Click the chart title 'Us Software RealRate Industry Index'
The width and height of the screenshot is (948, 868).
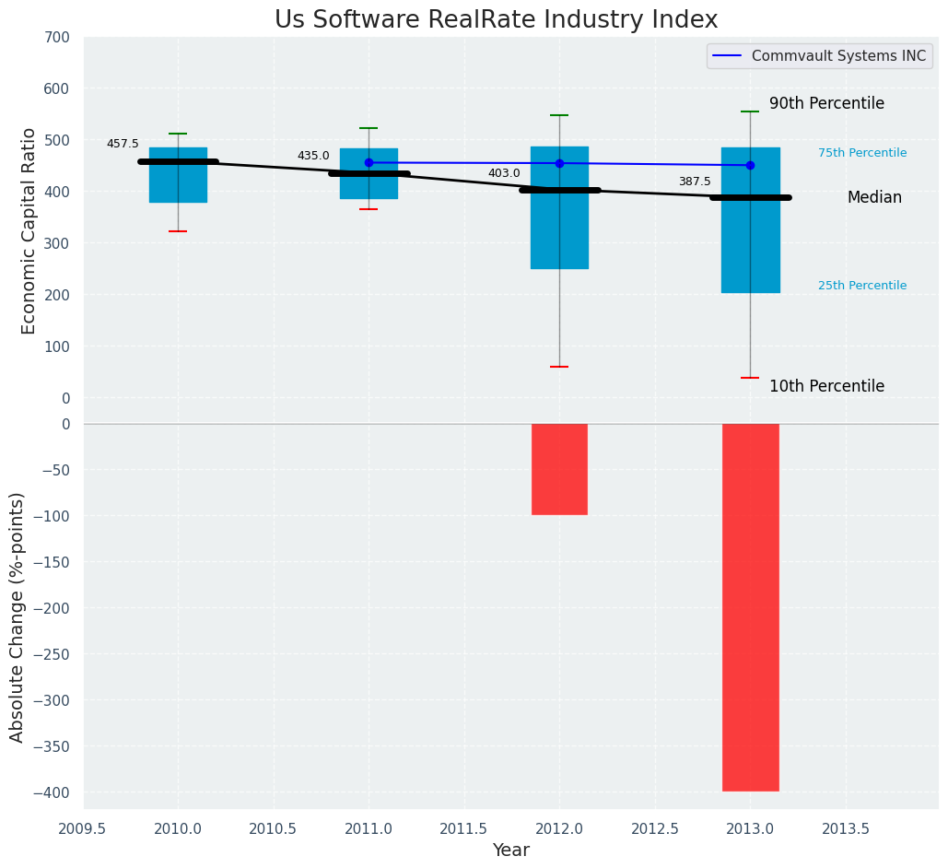click(x=496, y=20)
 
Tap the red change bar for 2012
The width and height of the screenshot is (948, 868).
click(x=559, y=469)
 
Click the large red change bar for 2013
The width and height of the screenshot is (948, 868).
click(x=750, y=607)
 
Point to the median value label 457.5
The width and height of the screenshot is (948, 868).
click(x=123, y=144)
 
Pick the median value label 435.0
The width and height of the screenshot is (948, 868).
click(x=313, y=156)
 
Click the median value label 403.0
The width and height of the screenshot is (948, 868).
click(x=504, y=173)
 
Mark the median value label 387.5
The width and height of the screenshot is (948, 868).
click(x=695, y=182)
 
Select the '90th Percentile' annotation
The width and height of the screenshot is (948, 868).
click(x=826, y=103)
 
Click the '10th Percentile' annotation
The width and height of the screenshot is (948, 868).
click(x=826, y=386)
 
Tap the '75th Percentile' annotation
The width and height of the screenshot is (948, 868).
click(x=861, y=153)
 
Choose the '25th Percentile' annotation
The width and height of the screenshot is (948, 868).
click(x=861, y=286)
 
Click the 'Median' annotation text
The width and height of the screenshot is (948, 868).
click(x=874, y=197)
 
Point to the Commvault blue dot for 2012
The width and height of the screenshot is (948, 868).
click(x=559, y=163)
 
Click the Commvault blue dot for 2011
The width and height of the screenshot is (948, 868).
click(x=369, y=162)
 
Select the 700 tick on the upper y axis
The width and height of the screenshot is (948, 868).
click(x=57, y=37)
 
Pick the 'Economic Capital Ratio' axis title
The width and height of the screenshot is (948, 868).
click(x=29, y=230)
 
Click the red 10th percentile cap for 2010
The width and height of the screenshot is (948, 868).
click(x=178, y=231)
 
